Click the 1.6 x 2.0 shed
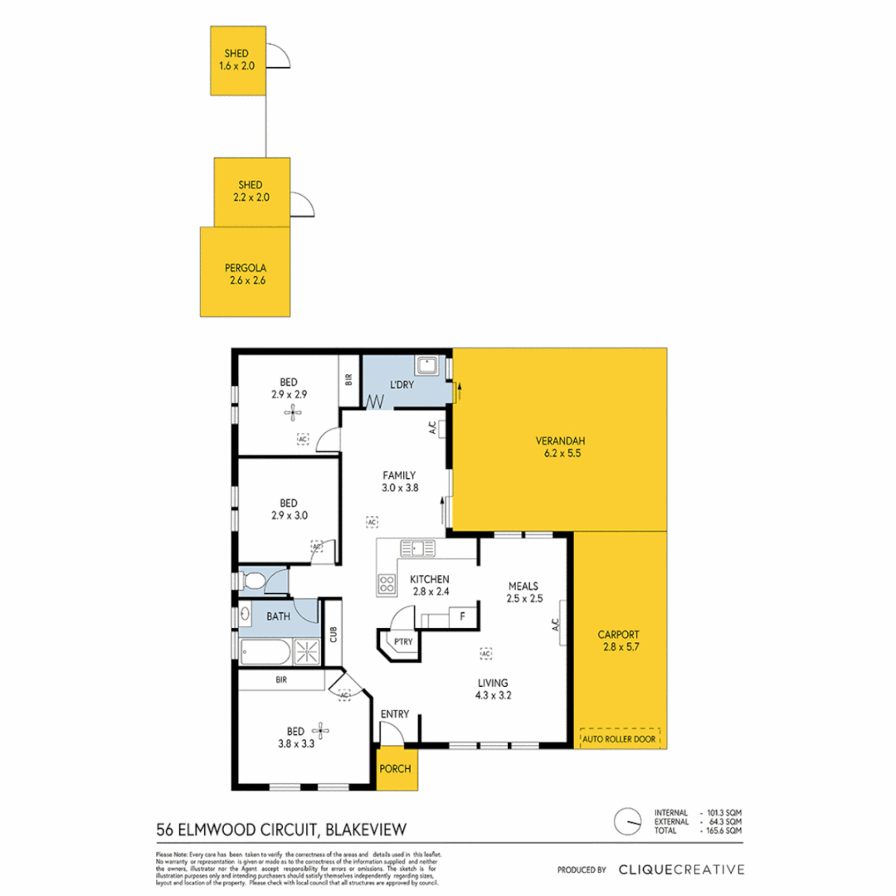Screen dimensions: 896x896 238,60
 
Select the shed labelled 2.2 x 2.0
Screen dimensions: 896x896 251,192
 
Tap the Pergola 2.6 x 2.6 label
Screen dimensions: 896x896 245,275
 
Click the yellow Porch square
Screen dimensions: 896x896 395,769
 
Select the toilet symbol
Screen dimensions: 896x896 252,581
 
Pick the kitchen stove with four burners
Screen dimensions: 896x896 387,584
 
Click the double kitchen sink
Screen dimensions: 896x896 417,548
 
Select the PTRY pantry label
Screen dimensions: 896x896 403,641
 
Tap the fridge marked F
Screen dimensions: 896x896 462,617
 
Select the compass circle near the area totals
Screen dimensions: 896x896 627,821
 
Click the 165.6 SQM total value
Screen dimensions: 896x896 724,830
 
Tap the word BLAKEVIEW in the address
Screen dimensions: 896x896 368,828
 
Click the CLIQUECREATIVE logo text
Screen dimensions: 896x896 680,869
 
